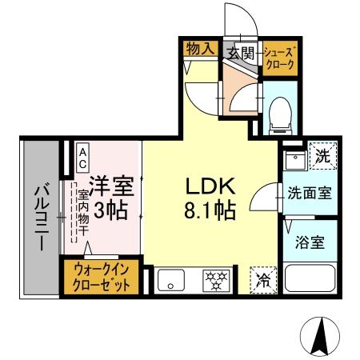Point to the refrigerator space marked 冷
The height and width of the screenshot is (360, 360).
[x=262, y=279]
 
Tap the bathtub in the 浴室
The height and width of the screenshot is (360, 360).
[x=310, y=282]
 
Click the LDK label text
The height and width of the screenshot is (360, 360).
[x=210, y=186]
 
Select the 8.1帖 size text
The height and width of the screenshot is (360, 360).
[x=210, y=211]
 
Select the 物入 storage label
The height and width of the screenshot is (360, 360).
[x=200, y=49]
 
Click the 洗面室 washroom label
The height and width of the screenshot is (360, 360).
[x=310, y=193]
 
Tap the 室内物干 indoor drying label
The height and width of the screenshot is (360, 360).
[x=82, y=210]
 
